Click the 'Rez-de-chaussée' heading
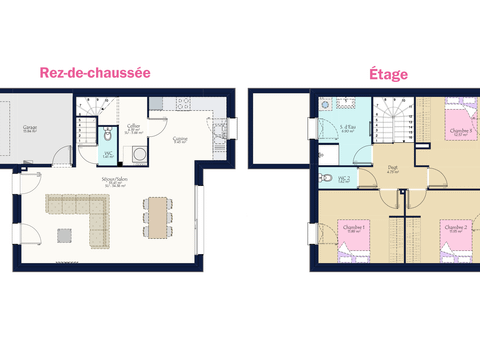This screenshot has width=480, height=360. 94,72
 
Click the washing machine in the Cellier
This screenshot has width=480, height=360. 135,154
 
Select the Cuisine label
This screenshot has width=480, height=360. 180,140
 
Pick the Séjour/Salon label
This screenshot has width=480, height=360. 112,181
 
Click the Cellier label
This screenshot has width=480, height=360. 133,127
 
